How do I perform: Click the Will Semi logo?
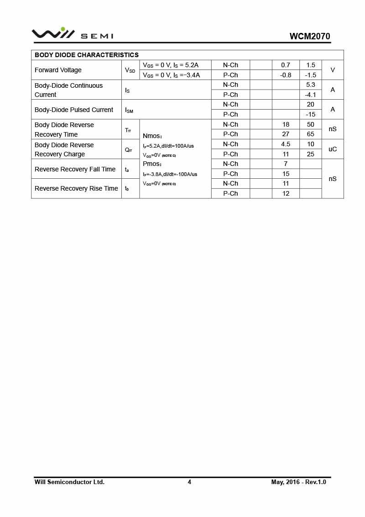pos(72,34)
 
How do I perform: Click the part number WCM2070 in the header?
pos(309,37)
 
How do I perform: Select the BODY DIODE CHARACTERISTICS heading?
pos(87,55)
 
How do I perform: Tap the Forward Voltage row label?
pos(58,70)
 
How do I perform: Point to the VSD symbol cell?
pos(130,70)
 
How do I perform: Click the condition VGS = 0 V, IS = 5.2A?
pos(171,65)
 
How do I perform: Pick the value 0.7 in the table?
pos(286,65)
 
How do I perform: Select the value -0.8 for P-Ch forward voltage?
pos(286,75)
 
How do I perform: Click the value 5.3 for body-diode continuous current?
pos(311,85)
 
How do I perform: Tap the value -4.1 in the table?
pos(311,95)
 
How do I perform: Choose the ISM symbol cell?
pos(129,110)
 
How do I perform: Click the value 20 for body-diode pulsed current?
pos(311,104)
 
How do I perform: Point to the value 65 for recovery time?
pos(311,134)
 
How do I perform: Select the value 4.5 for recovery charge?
pos(286,144)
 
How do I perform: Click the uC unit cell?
pos(333,149)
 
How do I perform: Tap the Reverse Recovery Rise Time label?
pos(76,188)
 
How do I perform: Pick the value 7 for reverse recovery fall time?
pos(286,164)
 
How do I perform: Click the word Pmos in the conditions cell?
pos(151,164)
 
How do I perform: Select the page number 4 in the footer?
pos(189,482)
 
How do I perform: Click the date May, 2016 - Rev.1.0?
pos(298,482)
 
